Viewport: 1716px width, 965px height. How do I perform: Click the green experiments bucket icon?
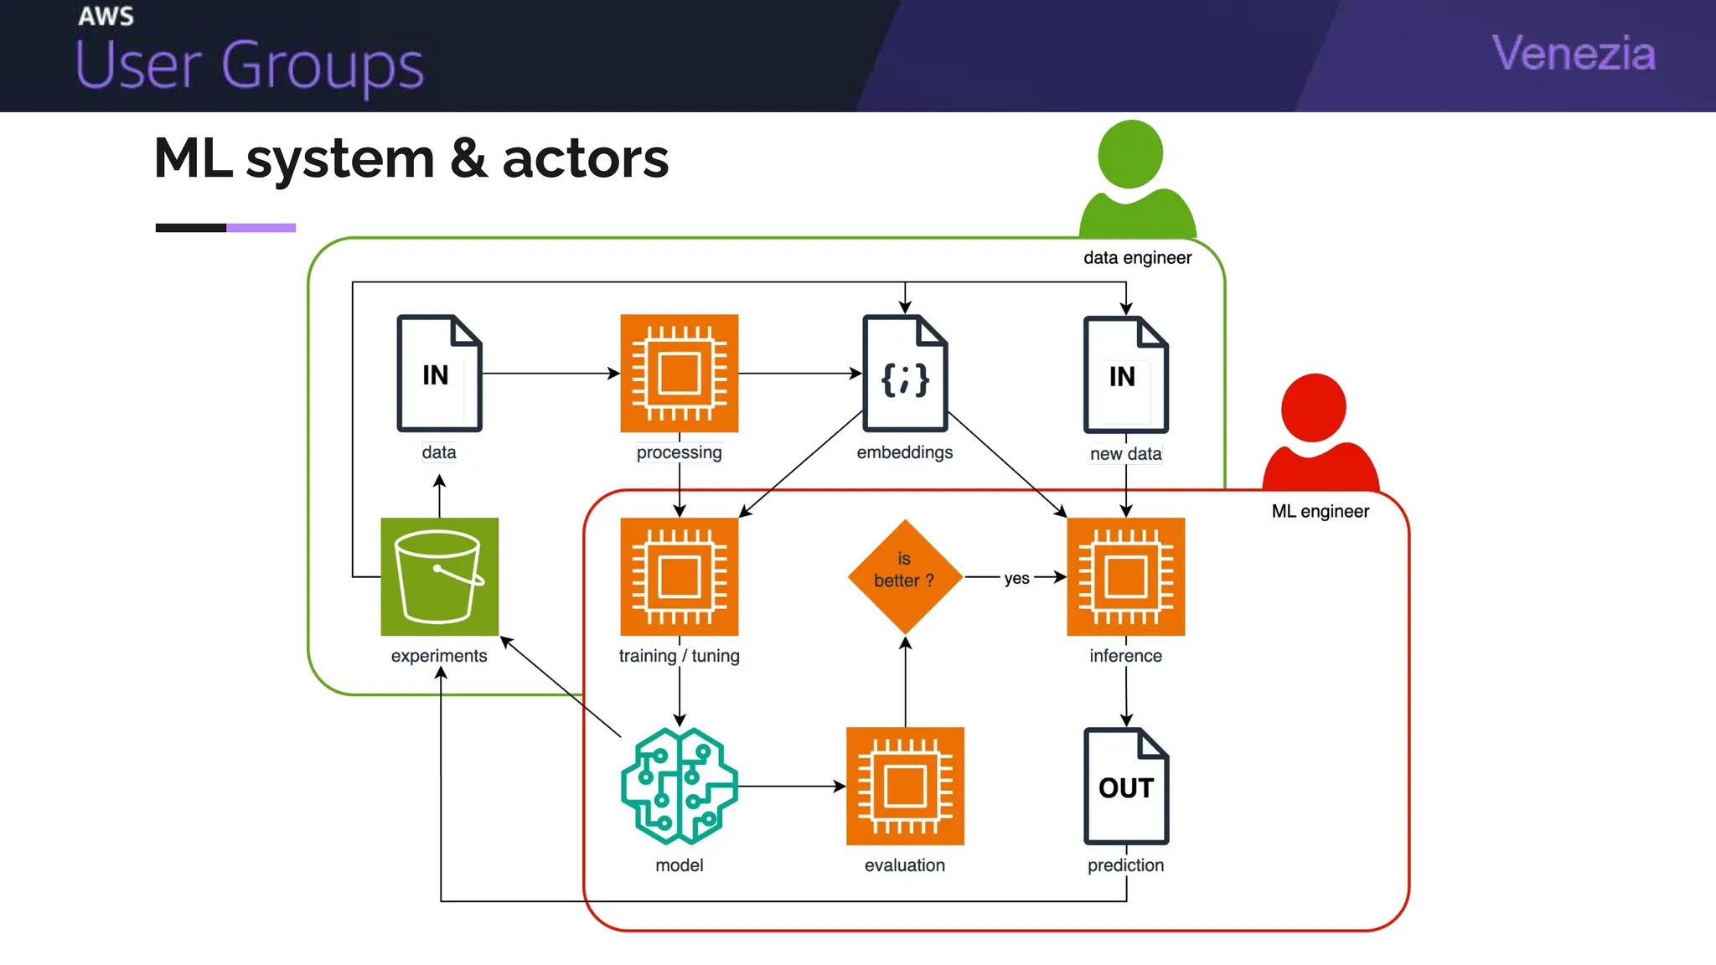(439, 576)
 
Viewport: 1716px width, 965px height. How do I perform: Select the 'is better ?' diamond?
(905, 576)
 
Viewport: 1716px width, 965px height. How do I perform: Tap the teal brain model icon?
(679, 786)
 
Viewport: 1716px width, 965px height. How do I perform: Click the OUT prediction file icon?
(1125, 786)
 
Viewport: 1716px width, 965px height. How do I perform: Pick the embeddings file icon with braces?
(905, 374)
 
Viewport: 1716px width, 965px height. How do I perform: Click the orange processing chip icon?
(679, 374)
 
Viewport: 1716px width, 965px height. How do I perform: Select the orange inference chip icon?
(1125, 576)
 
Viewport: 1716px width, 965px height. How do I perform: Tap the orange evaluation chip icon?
(905, 786)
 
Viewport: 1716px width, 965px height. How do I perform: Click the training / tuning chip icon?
(679, 576)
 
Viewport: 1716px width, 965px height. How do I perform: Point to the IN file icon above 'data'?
(439, 374)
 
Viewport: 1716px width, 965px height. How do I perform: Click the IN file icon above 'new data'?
(1125, 374)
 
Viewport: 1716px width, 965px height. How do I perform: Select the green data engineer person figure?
(1135, 180)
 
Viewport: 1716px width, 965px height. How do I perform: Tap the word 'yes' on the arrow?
(1016, 578)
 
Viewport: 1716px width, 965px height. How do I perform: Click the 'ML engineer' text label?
(1320, 511)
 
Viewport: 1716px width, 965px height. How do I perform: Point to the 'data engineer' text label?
(1137, 258)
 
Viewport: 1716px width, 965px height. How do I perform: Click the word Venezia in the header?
(1573, 54)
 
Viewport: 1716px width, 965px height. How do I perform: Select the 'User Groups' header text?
(250, 65)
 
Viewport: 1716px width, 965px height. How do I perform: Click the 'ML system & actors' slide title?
(411, 158)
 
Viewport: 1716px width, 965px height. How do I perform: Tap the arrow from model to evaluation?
(791, 786)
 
